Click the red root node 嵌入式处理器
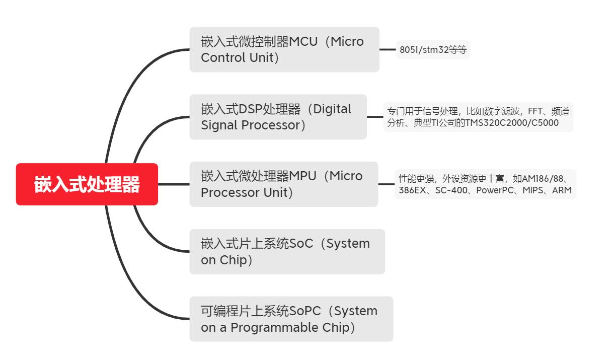[87, 184]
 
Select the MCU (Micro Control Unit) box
[284, 49]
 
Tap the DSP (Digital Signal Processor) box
[278, 117]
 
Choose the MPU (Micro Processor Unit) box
[283, 184]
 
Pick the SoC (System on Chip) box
[287, 252]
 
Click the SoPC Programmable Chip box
[291, 319]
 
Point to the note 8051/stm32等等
[433, 50]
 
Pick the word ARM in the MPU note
[562, 190]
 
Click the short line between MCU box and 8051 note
[388, 50]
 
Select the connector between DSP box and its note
[375, 117]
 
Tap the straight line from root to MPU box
[174, 184]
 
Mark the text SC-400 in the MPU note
[449, 190]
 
